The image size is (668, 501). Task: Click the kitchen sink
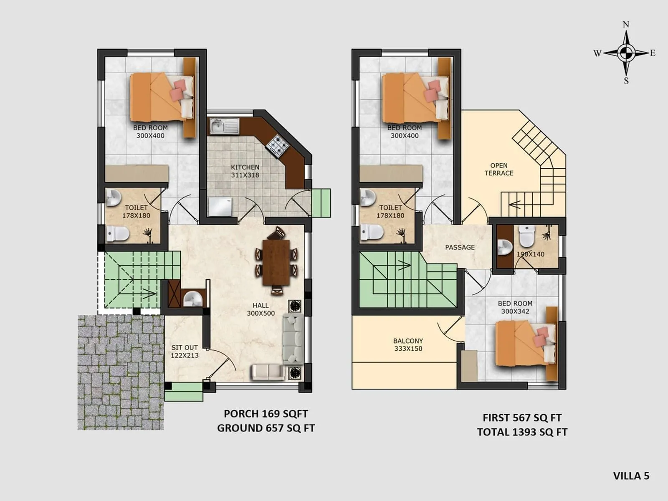click(224, 126)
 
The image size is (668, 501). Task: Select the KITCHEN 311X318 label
click(245, 171)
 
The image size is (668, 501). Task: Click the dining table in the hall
click(276, 262)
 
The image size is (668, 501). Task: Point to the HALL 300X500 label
click(261, 309)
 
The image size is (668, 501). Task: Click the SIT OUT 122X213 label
click(185, 352)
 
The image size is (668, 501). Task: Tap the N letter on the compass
click(626, 25)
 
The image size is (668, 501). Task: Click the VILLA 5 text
click(631, 476)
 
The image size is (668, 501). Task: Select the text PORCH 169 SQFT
click(266, 414)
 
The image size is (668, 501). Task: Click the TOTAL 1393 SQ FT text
click(522, 432)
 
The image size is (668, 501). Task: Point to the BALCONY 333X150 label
click(408, 345)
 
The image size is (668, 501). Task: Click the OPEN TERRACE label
click(498, 170)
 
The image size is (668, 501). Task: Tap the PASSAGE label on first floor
click(460, 247)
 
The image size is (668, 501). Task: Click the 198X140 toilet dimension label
click(531, 254)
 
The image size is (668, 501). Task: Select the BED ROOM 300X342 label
click(515, 307)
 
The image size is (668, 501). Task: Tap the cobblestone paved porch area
click(120, 372)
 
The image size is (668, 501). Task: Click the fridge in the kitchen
click(220, 207)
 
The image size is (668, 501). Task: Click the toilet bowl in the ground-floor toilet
click(117, 234)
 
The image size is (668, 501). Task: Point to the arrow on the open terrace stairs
click(514, 205)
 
